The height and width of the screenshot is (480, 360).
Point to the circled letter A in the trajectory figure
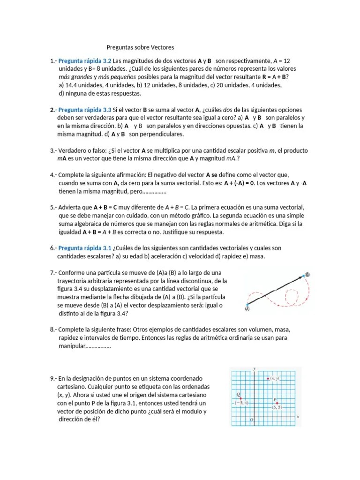[247, 308]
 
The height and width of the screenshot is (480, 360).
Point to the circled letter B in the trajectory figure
[307, 275]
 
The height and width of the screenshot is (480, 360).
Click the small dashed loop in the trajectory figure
[292, 296]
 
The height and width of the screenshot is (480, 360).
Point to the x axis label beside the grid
[298, 416]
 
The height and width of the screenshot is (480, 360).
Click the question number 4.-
[53, 175]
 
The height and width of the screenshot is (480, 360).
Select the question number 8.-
[53, 330]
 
